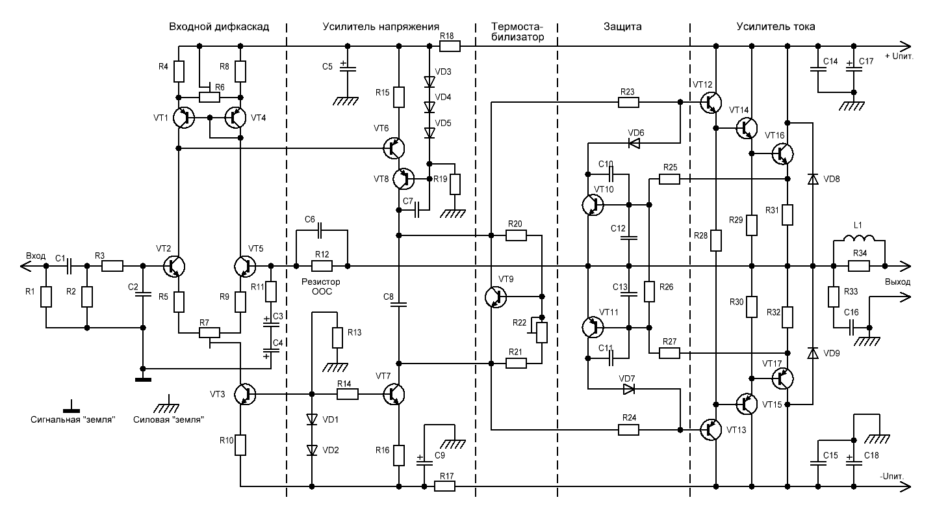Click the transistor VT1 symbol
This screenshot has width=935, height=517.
coord(184,118)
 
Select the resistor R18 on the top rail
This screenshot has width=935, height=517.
coord(450,46)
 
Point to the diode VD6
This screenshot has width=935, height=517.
coord(634,143)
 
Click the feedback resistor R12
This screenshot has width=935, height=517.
coord(322,266)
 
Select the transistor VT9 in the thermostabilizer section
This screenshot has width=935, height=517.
coord(496,297)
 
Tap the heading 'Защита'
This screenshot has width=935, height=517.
coord(622,27)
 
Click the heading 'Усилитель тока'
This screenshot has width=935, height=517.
coord(776,27)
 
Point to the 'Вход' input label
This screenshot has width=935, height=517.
coord(36,256)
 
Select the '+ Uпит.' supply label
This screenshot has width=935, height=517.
coord(899,56)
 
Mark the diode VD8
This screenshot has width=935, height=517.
coord(813,179)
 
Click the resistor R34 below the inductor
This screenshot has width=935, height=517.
coord(859,266)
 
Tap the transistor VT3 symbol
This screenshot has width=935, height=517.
coord(244,394)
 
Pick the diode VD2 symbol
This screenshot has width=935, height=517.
coord(312,450)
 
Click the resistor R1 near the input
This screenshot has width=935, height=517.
coord(46,297)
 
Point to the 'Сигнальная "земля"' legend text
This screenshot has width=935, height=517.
coord(73,419)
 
